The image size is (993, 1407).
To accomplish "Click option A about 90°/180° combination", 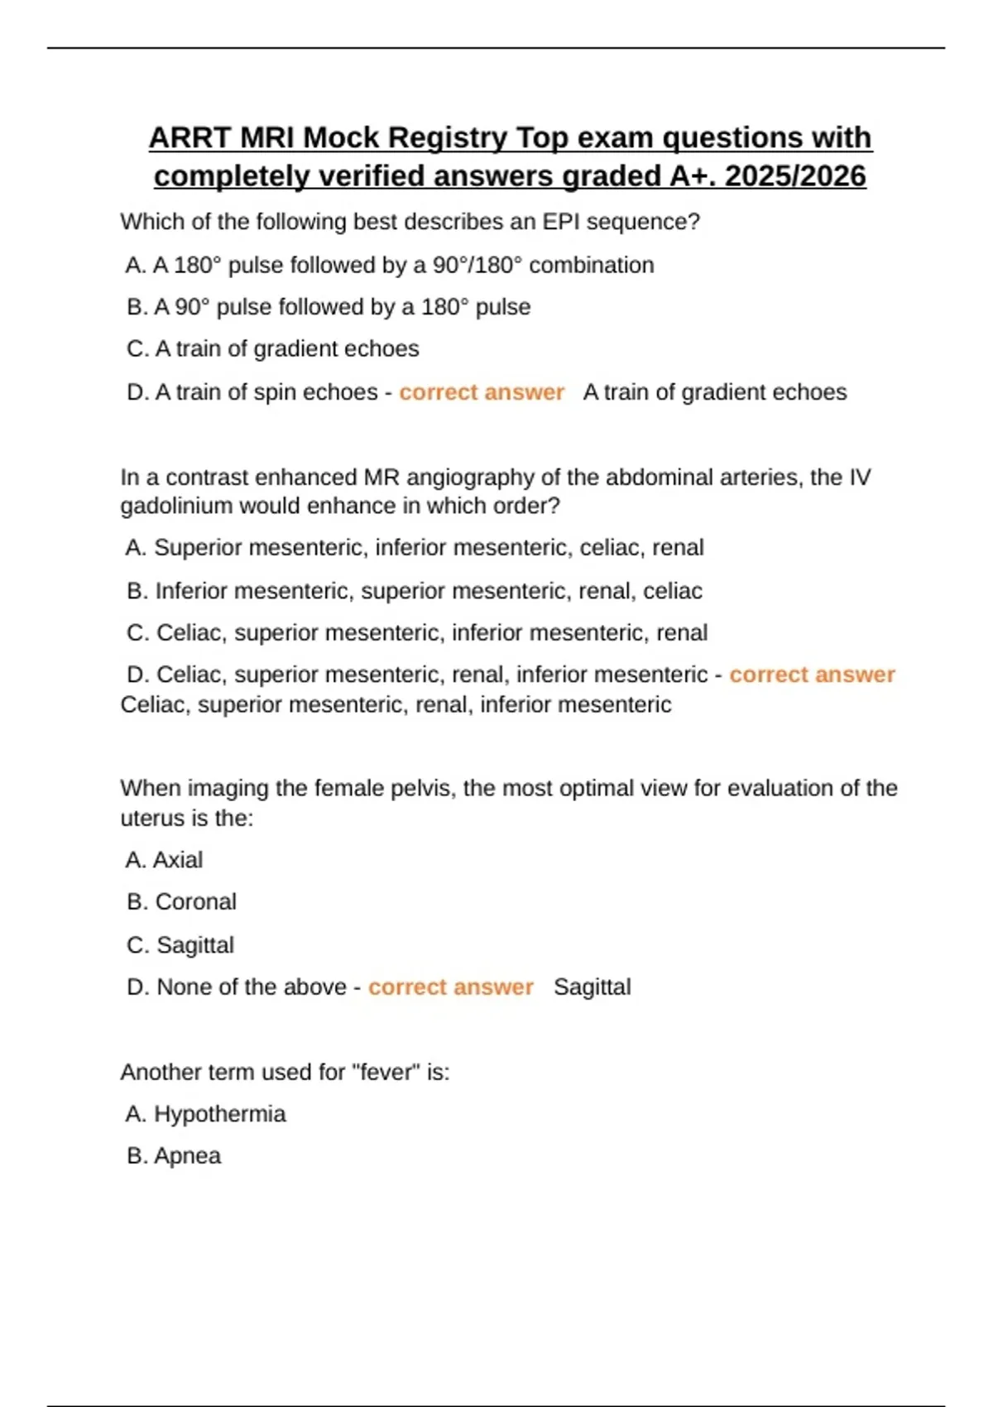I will pos(390,265).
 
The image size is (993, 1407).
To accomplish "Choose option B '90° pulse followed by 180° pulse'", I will pos(329,307).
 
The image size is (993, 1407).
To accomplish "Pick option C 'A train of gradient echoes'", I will pos(273,349).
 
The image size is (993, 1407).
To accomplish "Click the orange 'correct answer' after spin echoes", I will pos(482,392).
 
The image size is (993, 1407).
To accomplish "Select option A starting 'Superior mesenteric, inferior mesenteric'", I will pos(415,548).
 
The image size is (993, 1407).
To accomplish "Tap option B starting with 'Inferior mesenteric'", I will pos(415,591).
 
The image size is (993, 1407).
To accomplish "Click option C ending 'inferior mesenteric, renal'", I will pos(417,633).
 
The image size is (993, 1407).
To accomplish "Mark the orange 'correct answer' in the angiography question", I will pos(812,675).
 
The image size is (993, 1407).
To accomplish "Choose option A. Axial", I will pos(164,861).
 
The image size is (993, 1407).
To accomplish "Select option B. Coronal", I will pos(182,902).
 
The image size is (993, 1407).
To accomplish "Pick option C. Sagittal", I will pos(180,945).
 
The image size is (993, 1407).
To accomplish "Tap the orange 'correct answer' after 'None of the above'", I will pos(451,987).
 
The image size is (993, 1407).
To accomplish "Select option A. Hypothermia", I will pos(205,1114).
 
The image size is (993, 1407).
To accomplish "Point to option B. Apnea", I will pos(174,1156).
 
